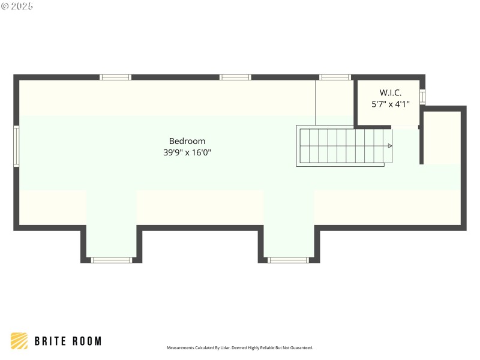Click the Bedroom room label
[x=187, y=141]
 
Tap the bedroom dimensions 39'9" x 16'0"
[x=187, y=152]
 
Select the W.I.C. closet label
[x=390, y=92]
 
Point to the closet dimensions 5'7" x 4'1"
[x=390, y=104]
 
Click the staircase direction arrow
[x=390, y=146]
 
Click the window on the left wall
[x=17, y=146]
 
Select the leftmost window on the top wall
[x=115, y=77]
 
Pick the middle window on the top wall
[x=235, y=77]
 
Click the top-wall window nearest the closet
[x=335, y=77]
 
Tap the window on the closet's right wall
[x=422, y=97]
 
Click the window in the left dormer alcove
[x=112, y=260]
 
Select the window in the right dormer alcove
[x=288, y=260]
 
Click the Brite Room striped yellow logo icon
[x=19, y=341]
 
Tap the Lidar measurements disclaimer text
[x=239, y=347]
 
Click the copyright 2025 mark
[x=17, y=5]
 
